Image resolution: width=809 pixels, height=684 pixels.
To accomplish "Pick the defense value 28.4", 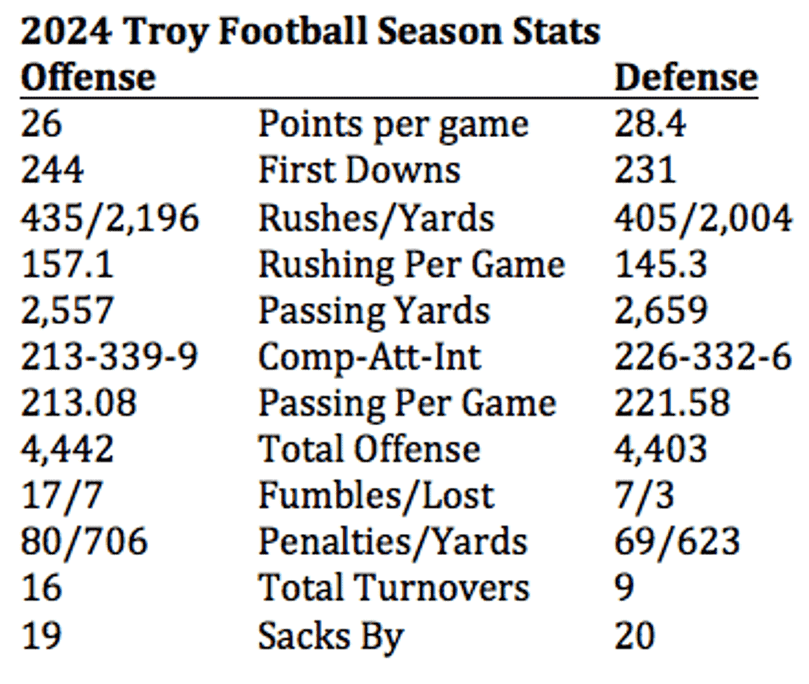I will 650,124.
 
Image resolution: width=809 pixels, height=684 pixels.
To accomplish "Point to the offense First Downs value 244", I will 52,170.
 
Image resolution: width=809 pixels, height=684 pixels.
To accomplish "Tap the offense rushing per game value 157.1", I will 67,265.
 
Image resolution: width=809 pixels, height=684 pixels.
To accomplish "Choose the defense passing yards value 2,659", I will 661,310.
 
